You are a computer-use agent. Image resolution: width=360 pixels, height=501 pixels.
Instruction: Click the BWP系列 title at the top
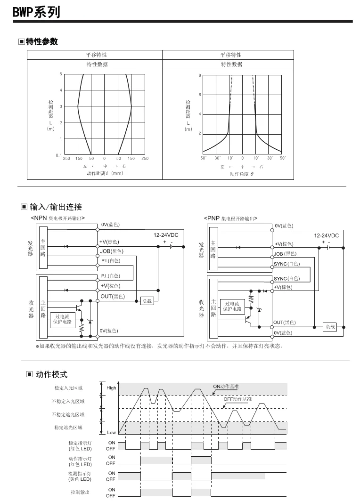coord(37,12)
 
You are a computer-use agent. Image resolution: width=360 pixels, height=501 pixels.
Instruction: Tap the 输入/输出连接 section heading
coord(55,207)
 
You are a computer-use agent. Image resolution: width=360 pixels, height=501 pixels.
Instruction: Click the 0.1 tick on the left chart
coord(58,155)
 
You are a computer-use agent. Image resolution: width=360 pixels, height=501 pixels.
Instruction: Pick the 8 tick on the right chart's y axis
coord(200,75)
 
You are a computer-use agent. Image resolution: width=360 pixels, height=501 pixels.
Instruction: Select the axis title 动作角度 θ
coord(242,174)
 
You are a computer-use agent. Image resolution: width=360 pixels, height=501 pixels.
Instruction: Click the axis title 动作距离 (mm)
coord(105,173)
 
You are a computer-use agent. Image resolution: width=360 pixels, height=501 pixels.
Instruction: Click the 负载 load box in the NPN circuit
coord(147,301)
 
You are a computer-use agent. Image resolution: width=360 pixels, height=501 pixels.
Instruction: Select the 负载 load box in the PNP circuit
coord(329,327)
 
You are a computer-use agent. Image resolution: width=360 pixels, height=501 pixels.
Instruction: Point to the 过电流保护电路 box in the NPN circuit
coord(62,319)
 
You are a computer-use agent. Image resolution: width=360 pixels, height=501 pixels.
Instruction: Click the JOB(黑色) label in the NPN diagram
coord(112,251)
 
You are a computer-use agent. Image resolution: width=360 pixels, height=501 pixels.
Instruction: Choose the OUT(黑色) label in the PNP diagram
coord(285,323)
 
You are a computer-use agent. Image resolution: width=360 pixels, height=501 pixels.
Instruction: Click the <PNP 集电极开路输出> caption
coord(230,218)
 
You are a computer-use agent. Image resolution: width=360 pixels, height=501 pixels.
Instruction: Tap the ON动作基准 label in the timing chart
coord(226,386)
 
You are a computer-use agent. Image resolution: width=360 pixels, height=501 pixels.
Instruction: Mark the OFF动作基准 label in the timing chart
coord(237,399)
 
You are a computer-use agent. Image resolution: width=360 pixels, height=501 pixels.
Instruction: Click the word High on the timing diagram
coord(111,388)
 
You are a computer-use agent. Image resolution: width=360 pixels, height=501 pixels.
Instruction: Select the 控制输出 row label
coord(80,493)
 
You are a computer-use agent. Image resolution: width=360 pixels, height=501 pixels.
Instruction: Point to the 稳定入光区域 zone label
coord(68,388)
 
